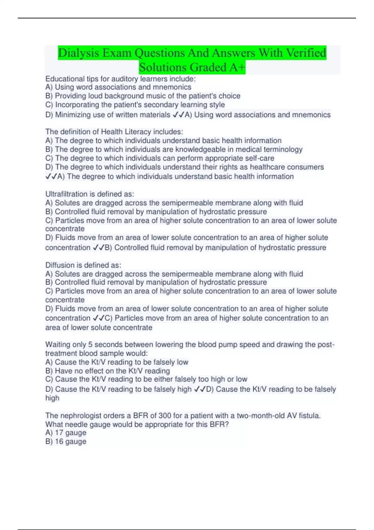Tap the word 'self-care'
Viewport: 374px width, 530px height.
coord(260,158)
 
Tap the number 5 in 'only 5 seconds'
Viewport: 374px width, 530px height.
coord(90,345)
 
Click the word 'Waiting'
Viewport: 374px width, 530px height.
coord(58,345)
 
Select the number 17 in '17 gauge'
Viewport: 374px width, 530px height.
coord(59,433)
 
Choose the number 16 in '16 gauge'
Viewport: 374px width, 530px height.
coord(59,442)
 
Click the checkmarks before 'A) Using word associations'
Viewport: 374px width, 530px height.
coord(178,115)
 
